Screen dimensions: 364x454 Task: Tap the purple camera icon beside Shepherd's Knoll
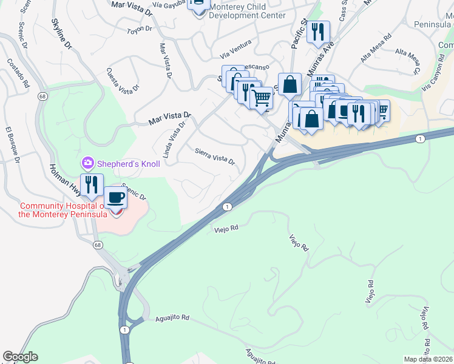88,163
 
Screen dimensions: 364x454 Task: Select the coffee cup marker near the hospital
115,197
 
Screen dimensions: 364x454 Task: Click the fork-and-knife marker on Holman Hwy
92,184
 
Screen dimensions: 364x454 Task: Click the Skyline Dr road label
61,33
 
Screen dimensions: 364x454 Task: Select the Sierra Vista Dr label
215,156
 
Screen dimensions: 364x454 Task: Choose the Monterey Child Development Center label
246,11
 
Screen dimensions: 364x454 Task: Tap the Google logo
20,357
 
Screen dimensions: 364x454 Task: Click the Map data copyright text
429,359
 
